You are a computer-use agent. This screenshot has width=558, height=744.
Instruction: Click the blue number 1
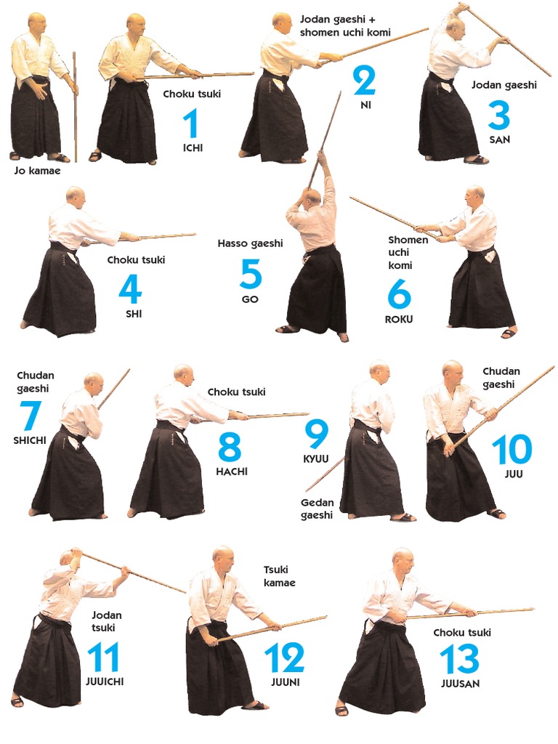click(x=192, y=123)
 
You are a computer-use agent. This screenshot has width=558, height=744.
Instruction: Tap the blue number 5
click(x=251, y=274)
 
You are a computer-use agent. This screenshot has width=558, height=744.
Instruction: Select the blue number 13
click(x=459, y=658)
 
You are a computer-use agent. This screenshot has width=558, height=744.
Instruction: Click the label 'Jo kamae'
click(x=38, y=171)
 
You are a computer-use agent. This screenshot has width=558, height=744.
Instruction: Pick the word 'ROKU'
click(x=399, y=320)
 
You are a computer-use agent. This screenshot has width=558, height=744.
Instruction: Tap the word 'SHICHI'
click(x=29, y=440)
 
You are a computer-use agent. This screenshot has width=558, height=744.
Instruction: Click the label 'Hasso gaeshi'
click(x=250, y=243)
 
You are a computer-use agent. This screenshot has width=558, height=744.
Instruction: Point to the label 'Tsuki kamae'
click(x=280, y=576)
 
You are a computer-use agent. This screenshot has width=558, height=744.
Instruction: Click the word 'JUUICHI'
click(x=105, y=682)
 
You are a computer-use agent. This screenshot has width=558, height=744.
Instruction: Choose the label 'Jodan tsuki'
click(x=106, y=621)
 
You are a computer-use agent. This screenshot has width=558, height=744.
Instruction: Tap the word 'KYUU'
click(x=316, y=459)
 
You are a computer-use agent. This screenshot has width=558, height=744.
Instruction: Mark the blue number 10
click(x=511, y=449)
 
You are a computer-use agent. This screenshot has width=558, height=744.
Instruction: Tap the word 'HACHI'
click(x=232, y=472)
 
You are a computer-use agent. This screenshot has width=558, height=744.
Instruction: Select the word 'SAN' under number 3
click(x=500, y=139)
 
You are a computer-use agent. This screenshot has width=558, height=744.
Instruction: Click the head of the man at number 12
click(x=223, y=560)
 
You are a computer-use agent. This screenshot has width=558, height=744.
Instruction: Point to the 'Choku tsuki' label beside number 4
click(x=136, y=260)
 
